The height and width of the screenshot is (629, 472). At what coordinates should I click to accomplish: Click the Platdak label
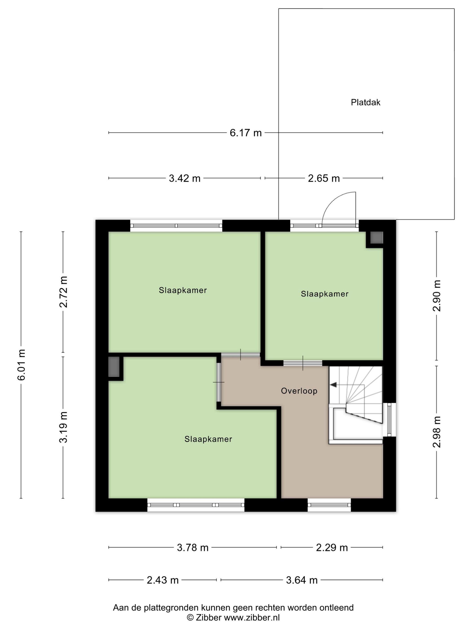pos(365,102)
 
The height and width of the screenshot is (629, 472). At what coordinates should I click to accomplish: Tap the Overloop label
pos(299,391)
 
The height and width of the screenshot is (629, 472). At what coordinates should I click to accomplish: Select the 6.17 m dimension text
pos(245,133)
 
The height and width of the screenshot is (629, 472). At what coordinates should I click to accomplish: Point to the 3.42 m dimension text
pos(185,178)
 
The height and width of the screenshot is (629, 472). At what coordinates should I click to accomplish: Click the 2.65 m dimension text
pos(324,178)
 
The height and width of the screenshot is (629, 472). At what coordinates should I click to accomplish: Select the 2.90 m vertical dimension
pos(436,296)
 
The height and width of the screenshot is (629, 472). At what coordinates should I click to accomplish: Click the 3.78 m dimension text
pos(193,547)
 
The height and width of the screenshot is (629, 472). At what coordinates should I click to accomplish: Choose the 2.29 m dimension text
pos(332,547)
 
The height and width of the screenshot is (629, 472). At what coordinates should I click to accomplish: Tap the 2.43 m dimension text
pos(163,580)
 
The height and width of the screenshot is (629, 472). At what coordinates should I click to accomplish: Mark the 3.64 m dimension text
pos(302,580)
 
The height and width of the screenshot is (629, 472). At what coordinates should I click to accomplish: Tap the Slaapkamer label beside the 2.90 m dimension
pos(325,294)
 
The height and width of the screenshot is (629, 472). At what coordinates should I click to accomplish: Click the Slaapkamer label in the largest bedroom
pos(208,439)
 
